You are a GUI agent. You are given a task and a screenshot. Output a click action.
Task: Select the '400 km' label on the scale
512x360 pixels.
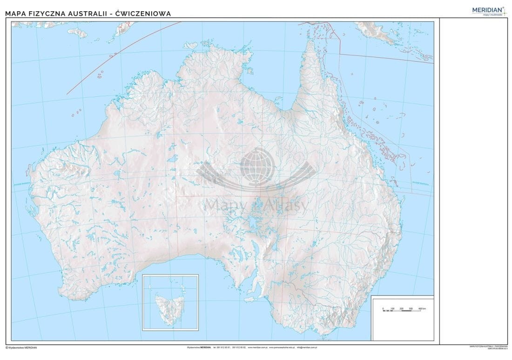[x=422, y=308]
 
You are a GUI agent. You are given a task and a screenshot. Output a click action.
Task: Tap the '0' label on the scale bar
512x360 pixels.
[x=383, y=308]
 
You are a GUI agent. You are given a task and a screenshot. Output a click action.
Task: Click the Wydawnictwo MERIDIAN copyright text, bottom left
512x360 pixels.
[x=21, y=347]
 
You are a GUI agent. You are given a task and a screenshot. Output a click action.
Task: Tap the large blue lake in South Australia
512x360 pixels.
[x=253, y=222]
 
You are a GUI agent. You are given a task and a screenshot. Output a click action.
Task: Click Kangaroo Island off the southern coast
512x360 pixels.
[x=252, y=299]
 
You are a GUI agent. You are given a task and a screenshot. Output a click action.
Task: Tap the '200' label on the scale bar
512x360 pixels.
[x=402, y=308]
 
